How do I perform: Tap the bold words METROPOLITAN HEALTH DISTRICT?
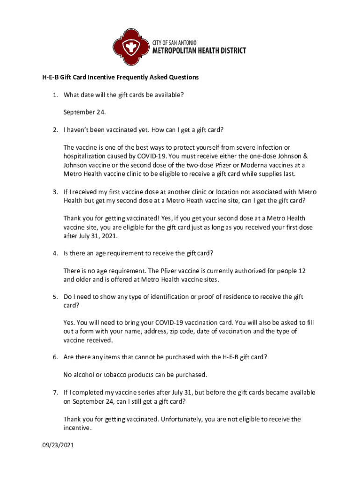click(200, 51)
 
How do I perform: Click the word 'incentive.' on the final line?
click(78, 428)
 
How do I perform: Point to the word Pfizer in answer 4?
click(158, 271)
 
